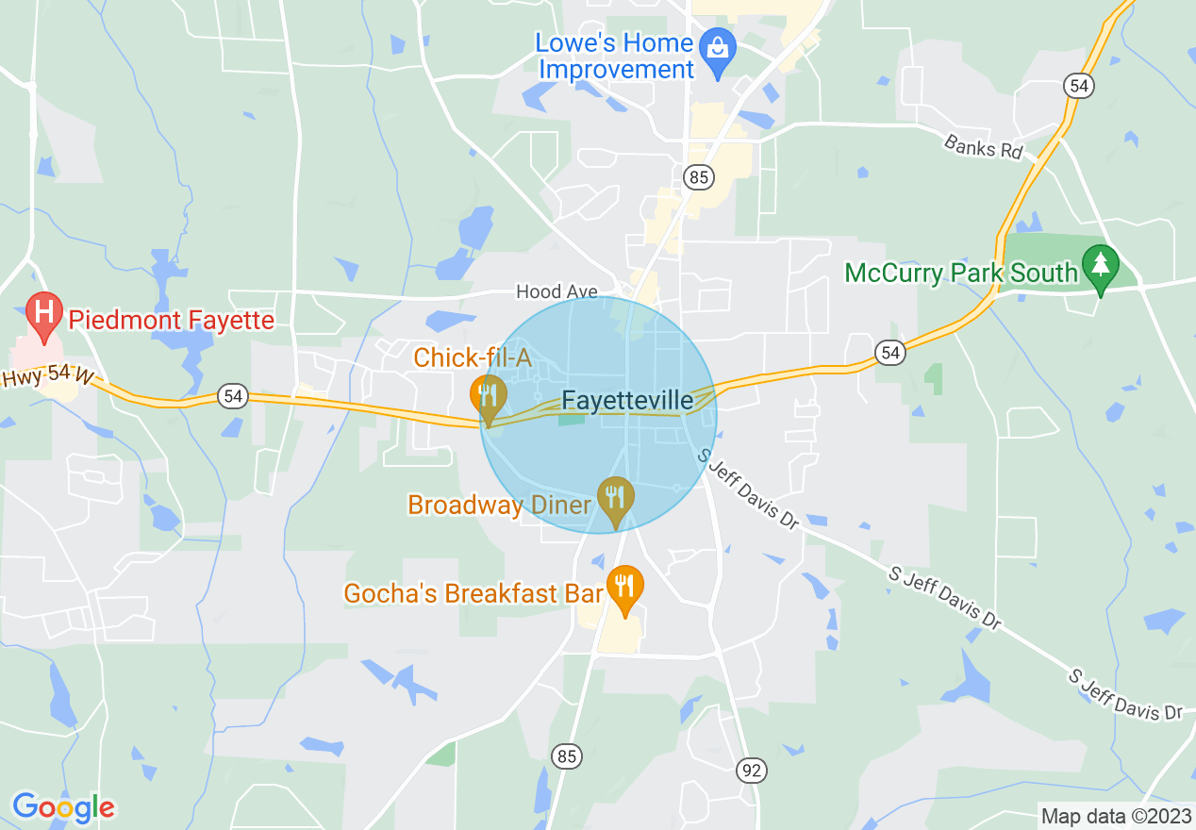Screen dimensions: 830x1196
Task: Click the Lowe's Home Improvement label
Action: (615, 57)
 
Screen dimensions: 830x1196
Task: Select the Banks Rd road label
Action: (983, 147)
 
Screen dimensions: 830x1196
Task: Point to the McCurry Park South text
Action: (960, 274)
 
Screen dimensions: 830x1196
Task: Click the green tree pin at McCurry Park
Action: (1100, 266)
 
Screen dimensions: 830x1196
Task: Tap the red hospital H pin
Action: (43, 313)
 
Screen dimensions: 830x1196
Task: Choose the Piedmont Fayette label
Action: (170, 321)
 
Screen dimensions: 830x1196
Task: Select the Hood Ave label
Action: (556, 292)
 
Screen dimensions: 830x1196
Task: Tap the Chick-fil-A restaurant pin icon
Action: (489, 396)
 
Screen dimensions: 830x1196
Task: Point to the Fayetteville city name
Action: (627, 401)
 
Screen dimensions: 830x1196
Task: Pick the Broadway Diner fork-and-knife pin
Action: (615, 498)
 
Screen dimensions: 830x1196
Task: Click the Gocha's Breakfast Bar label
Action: (473, 593)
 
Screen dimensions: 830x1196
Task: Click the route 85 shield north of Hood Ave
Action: (700, 176)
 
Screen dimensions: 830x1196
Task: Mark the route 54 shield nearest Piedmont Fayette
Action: (232, 395)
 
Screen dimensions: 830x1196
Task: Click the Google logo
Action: (63, 807)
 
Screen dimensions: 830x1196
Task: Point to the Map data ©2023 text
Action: (1114, 815)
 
